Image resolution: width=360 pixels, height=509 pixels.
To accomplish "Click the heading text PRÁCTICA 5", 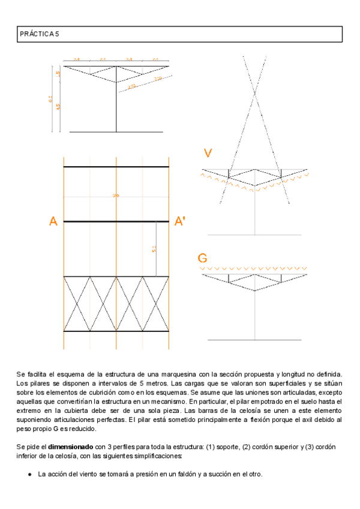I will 39,35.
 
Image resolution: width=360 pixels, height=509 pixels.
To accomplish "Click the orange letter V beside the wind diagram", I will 208,154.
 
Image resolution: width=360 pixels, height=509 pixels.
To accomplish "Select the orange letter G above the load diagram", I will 203,259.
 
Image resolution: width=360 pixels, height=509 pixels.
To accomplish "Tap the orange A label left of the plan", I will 53,222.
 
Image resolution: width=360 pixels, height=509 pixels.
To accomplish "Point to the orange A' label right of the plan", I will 179,222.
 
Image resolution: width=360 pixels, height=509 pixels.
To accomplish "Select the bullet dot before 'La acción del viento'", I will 30,474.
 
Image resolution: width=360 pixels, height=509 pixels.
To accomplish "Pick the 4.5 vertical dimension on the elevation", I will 59,107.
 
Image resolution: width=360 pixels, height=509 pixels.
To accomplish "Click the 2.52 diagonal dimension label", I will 132,86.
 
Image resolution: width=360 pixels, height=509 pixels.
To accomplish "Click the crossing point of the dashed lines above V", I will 255,93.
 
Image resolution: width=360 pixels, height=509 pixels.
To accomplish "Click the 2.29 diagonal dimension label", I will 158,79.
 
